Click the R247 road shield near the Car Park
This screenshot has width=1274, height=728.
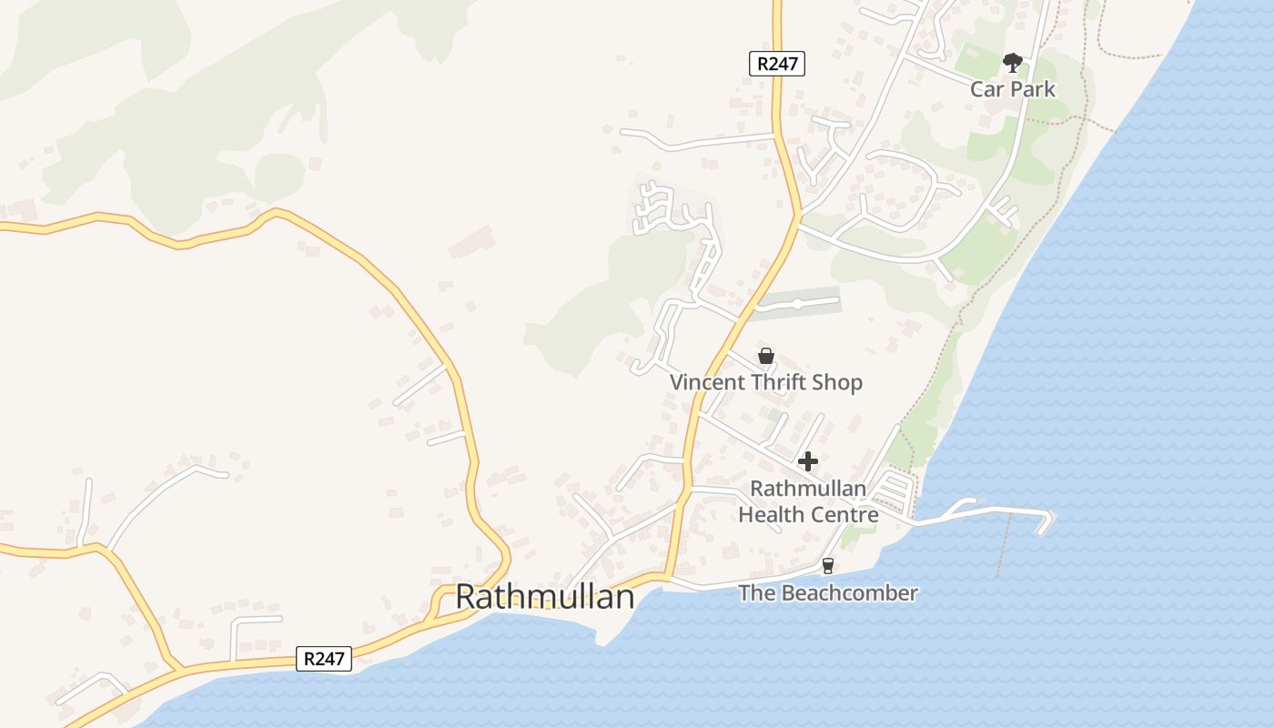[x=777, y=64]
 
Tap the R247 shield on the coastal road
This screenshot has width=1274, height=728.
[x=324, y=659]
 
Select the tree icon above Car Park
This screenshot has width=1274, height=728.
[x=1012, y=63]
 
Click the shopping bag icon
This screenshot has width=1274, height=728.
[x=766, y=356]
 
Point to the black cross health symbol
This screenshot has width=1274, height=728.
[x=807, y=461]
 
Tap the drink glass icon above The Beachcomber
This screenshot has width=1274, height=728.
[x=827, y=566]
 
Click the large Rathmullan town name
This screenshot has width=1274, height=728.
[x=544, y=597]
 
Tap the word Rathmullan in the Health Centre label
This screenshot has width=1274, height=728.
[x=808, y=490]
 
